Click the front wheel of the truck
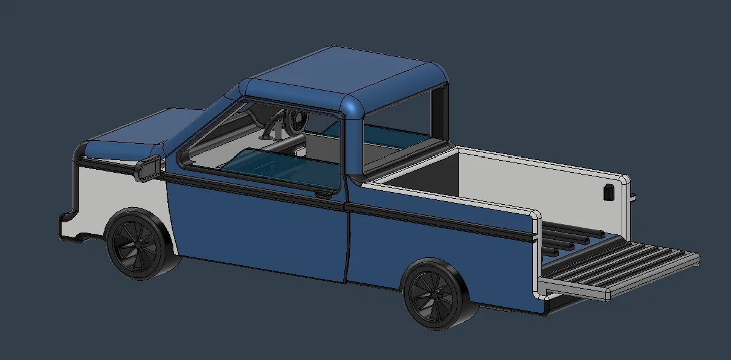(138, 245)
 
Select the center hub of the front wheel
(137, 245)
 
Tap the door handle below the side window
(324, 193)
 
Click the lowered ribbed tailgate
(622, 266)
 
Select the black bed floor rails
(565, 239)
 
